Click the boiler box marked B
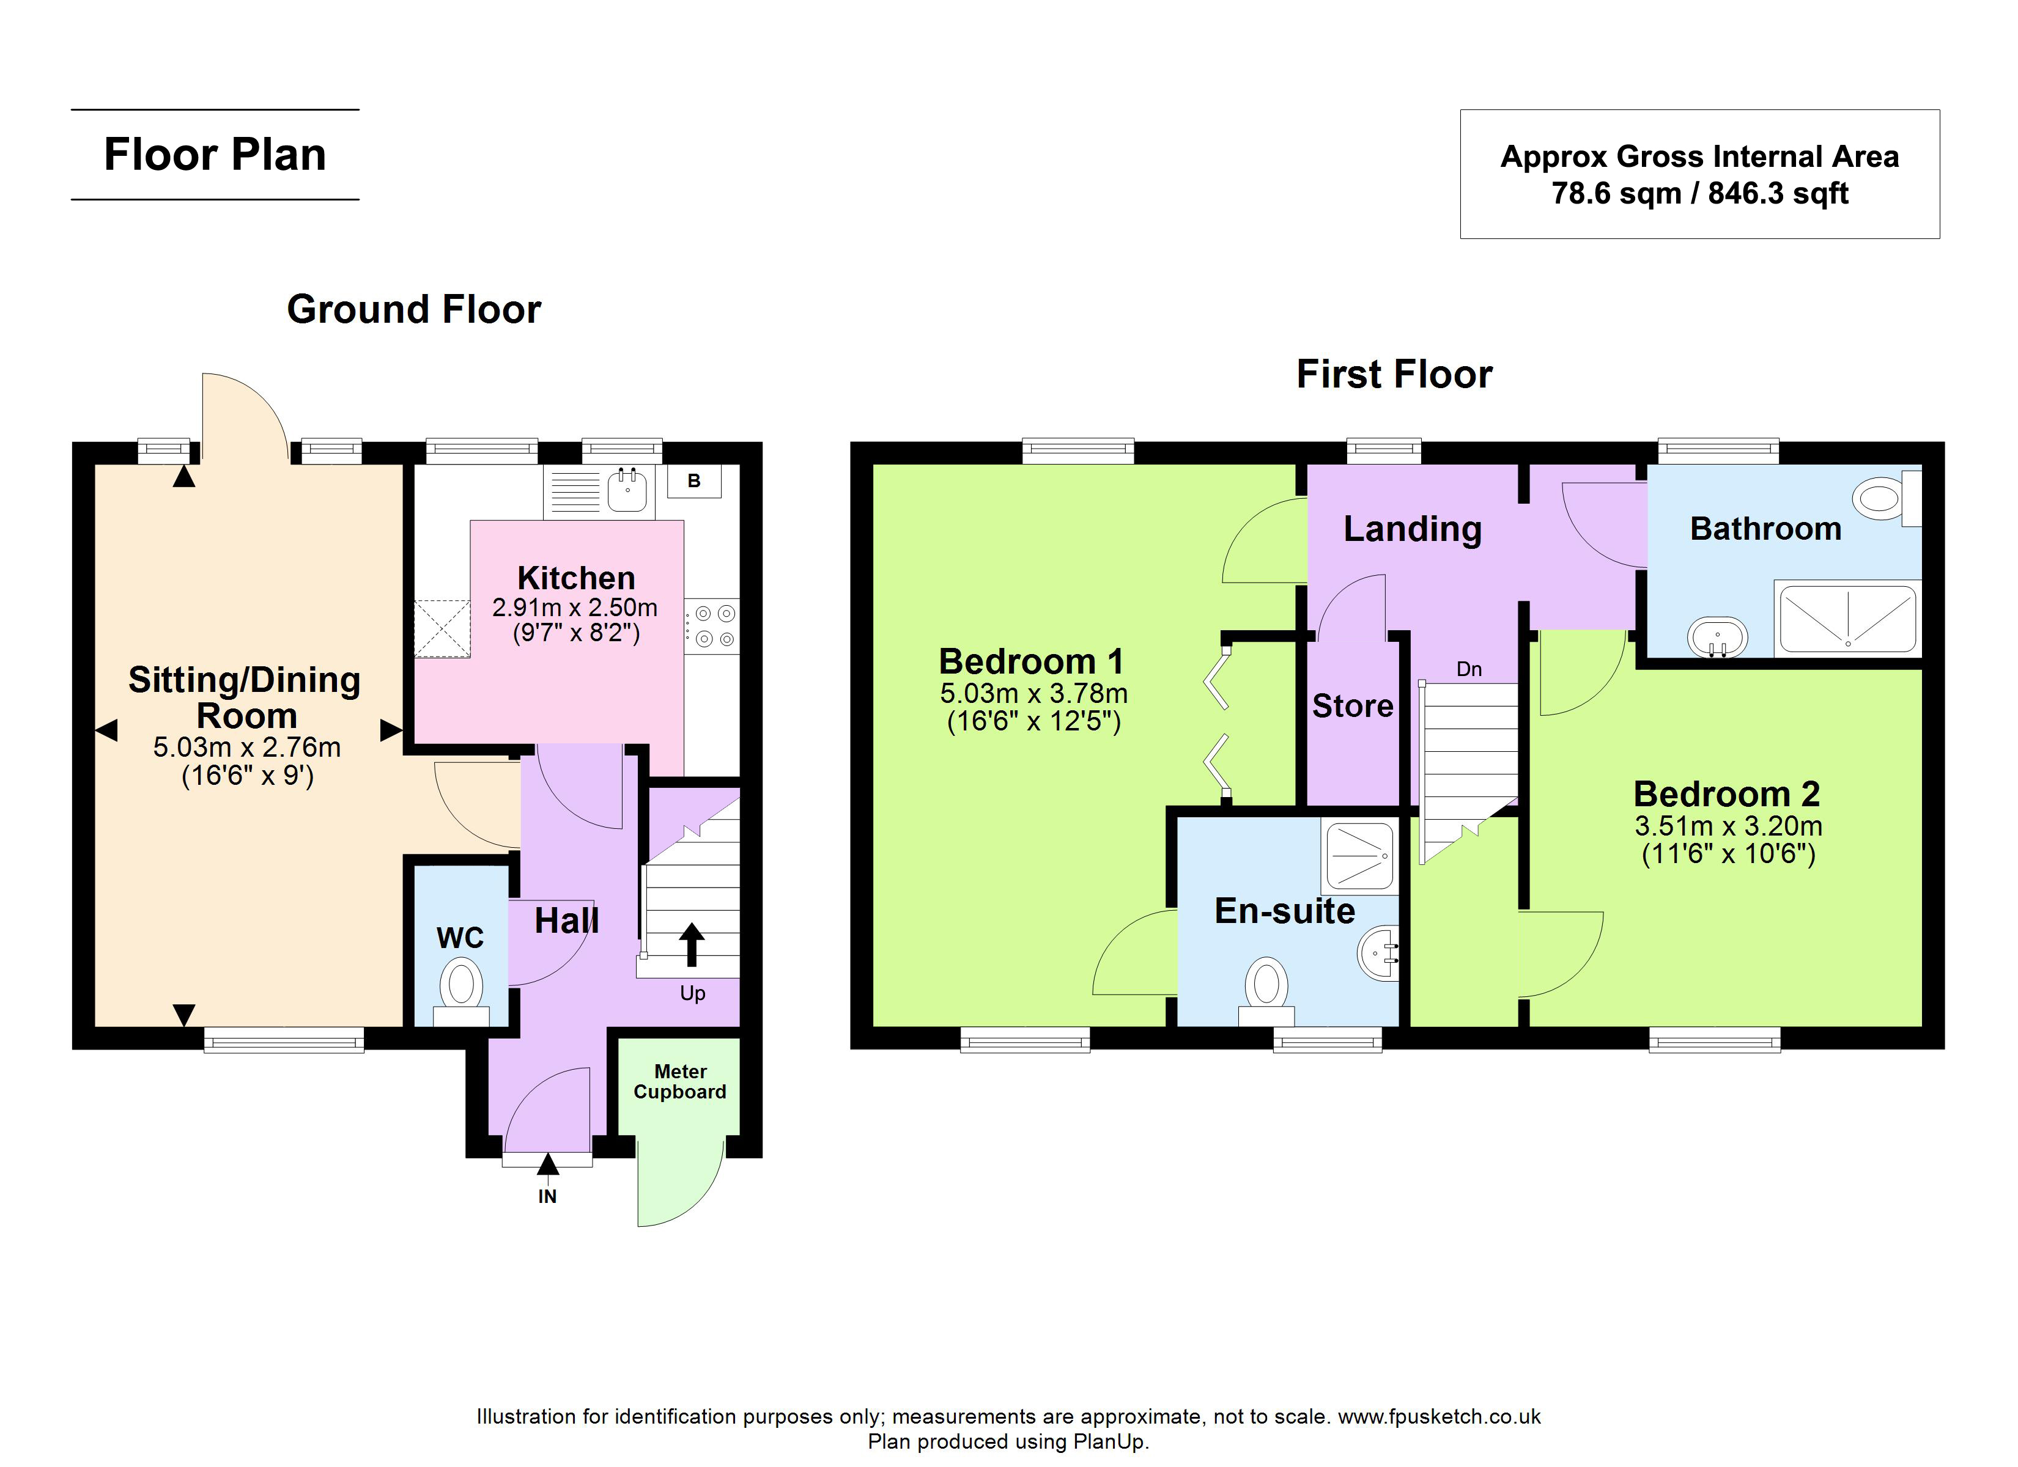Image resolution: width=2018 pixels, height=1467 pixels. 694,481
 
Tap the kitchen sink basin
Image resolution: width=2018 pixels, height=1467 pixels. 628,489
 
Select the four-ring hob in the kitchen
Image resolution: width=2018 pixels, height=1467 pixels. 712,625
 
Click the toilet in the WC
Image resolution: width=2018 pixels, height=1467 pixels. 461,991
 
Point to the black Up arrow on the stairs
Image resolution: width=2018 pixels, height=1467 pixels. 692,944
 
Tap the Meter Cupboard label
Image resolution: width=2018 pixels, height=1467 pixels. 680,1082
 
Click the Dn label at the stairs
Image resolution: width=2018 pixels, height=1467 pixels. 1469,669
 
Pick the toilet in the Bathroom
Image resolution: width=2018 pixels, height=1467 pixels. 1887,498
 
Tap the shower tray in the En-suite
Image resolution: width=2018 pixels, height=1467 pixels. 1359,858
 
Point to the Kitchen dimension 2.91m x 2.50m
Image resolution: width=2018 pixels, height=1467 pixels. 575,608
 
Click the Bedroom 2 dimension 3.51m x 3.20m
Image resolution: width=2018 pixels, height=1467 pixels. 1728,826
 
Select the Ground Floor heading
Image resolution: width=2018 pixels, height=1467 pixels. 414,309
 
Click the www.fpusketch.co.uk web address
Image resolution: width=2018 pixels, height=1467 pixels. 1440,1416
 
